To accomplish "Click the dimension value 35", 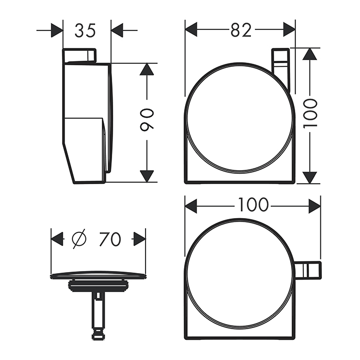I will (85, 30).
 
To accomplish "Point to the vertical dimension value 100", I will (310, 115).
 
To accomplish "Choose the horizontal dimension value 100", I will (253, 205).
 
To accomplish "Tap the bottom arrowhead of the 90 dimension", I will (147, 175).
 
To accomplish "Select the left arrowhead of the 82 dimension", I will (192, 29).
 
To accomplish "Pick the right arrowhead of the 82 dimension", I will (289, 29).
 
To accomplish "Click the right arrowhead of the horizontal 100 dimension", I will (314, 206).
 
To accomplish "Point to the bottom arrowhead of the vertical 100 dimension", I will (309, 177).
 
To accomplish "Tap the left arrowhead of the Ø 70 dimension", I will (57, 239).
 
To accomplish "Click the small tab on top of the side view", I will (80, 56).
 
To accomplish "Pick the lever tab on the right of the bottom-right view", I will (308, 269).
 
